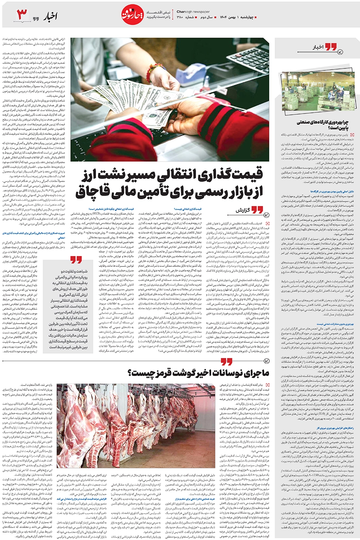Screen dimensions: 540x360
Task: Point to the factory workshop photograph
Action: [317, 91]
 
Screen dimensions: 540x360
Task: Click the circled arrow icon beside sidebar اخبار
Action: [340, 51]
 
